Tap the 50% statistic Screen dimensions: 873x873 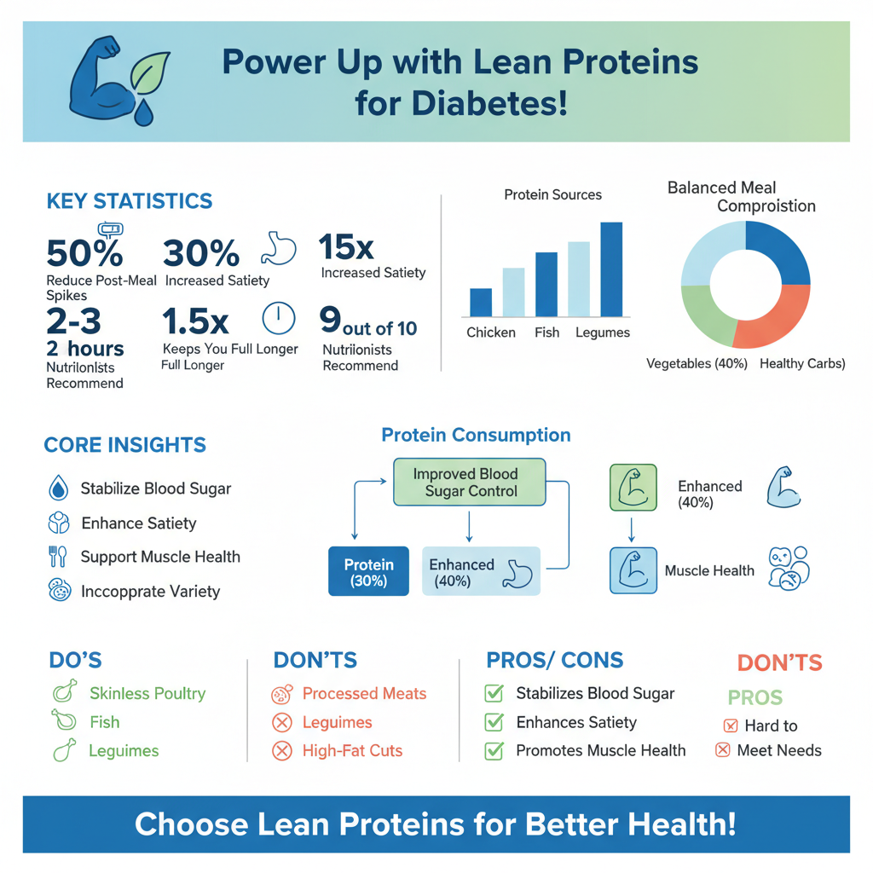(84, 253)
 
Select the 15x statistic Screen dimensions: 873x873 (345, 247)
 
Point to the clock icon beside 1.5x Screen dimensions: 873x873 (278, 319)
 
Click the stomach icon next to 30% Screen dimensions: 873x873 (280, 246)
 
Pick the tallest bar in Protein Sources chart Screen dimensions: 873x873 (610, 269)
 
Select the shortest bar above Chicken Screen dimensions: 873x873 (481, 302)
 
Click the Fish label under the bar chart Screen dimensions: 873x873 (546, 332)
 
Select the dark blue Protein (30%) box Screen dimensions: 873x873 (368, 572)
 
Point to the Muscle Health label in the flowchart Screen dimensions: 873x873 (709, 570)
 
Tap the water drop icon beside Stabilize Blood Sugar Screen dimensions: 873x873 (58, 489)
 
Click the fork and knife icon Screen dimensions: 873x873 (58, 557)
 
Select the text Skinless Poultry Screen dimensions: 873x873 (147, 693)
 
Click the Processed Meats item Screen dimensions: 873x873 (364, 694)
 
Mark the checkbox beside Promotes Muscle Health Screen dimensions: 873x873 (494, 750)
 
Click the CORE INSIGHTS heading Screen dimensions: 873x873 (124, 445)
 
